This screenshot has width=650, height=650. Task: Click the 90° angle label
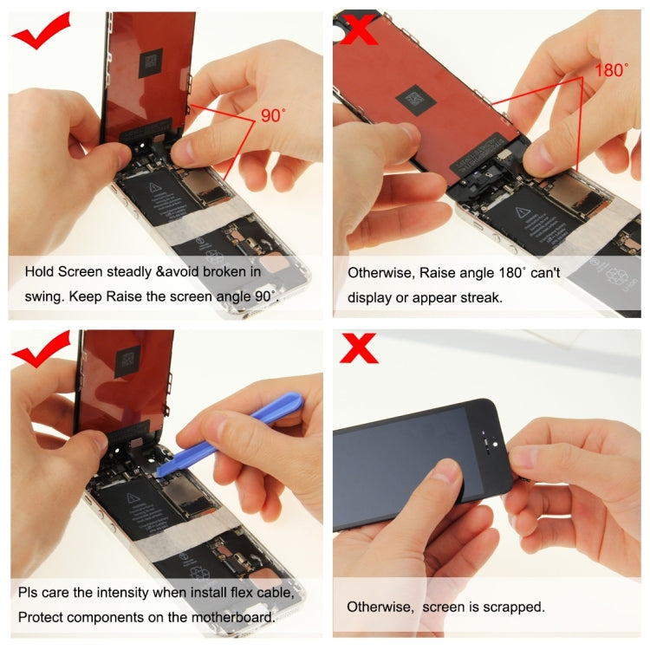pos(272,115)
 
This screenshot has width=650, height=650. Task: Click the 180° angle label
pos(611,70)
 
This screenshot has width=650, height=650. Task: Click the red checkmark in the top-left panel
pos(41,33)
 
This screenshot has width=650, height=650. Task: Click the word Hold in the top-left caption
pos(39,271)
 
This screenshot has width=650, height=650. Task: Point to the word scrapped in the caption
pos(518,607)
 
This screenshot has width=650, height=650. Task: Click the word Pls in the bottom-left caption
pos(29,594)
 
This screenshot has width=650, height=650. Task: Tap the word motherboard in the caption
pos(234,617)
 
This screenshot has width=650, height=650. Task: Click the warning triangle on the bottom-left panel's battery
pos(133,498)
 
